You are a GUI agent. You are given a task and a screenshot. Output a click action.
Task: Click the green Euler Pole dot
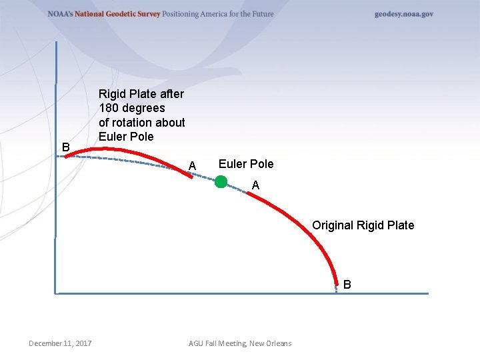[221, 181]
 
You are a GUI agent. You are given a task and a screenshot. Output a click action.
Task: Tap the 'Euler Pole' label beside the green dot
[245, 164]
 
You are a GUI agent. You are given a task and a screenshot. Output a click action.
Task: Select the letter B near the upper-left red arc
[65, 147]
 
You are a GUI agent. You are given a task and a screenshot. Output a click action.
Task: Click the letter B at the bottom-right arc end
[347, 285]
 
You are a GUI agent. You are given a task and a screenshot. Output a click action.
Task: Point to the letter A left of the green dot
[192, 165]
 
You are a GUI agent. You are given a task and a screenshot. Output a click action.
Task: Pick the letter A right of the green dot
[255, 186]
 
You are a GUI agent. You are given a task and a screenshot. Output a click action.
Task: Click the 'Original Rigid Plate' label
[363, 225]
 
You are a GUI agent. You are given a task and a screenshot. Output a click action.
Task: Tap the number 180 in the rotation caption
[109, 108]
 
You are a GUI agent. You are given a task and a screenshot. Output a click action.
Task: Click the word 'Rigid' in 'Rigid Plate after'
[112, 93]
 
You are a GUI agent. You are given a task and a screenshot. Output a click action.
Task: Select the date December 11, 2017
[60, 343]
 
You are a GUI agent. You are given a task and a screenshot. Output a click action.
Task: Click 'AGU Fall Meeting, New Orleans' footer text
[240, 343]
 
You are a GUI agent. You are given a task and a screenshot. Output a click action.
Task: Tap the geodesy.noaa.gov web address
[403, 14]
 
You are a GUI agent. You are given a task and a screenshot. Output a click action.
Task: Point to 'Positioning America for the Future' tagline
[218, 14]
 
